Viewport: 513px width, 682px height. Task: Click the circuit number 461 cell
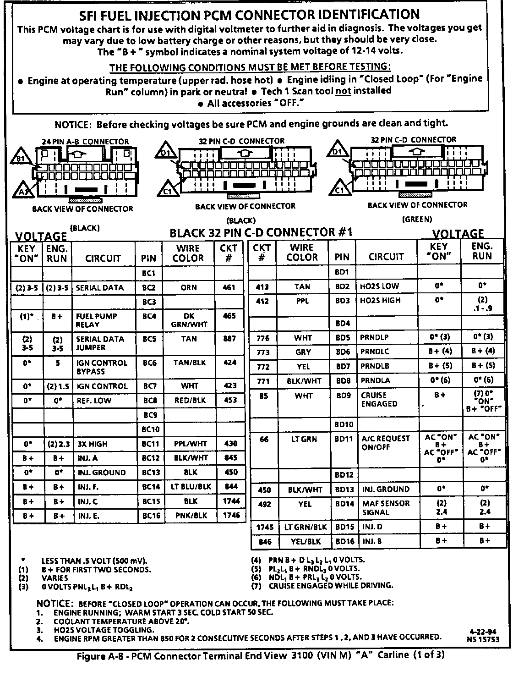coord(229,288)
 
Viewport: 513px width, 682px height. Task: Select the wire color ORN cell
coord(188,288)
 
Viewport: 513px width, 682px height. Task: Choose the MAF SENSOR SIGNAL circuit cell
coord(386,508)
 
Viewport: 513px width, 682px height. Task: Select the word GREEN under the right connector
coord(417,219)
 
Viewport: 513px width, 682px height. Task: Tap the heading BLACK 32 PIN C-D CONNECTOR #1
coord(261,232)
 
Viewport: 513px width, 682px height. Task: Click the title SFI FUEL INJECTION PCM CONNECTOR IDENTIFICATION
coord(250,15)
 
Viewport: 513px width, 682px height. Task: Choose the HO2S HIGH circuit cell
coord(380,301)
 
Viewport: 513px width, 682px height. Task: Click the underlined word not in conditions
coord(343,91)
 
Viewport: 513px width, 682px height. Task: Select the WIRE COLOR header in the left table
coord(188,253)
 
